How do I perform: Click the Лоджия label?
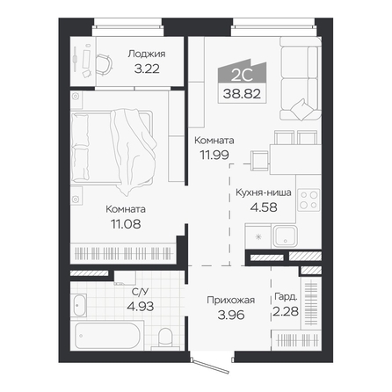pyautogui.click(x=147, y=54)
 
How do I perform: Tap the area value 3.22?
pyautogui.click(x=147, y=69)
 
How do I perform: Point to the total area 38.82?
pyautogui.click(x=242, y=94)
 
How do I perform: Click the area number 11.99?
pyautogui.click(x=214, y=155)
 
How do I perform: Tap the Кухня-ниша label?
pyautogui.click(x=264, y=192)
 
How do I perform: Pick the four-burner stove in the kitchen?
pyautogui.click(x=309, y=200)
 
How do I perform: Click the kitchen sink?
pyautogui.click(x=286, y=236)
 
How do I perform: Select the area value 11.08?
pyautogui.click(x=126, y=224)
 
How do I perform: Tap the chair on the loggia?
pyautogui.click(x=105, y=66)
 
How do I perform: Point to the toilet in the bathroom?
pyautogui.click(x=165, y=339)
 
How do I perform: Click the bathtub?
pyautogui.click(x=107, y=336)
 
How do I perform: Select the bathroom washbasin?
pyautogui.click(x=79, y=306)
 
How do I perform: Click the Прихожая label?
pyautogui.click(x=231, y=300)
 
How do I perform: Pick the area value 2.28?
pyautogui.click(x=286, y=311)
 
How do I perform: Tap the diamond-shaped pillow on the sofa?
pyautogui.click(x=302, y=110)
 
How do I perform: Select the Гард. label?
pyautogui.click(x=286, y=297)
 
